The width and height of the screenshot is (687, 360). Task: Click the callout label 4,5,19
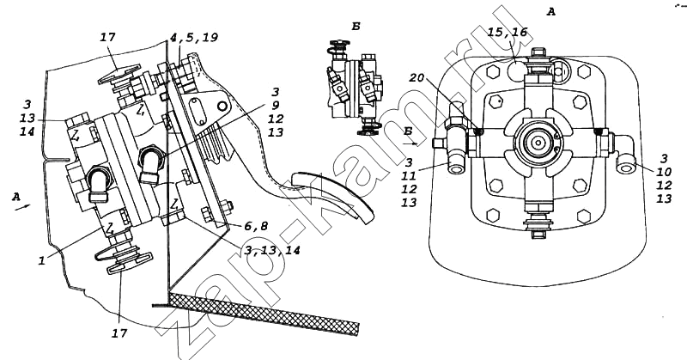[194, 38]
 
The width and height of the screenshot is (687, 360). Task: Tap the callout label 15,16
[508, 32]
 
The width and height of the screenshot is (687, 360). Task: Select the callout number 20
[416, 77]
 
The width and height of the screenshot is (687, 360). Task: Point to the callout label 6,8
[256, 226]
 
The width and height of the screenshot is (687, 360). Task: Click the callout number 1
[42, 260]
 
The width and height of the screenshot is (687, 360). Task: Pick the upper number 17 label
[107, 37]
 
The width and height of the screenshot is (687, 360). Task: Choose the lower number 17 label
[119, 333]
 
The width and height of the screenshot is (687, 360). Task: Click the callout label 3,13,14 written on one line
[272, 251]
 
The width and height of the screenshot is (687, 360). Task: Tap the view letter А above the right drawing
[550, 12]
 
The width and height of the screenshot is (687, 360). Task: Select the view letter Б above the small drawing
[356, 27]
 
